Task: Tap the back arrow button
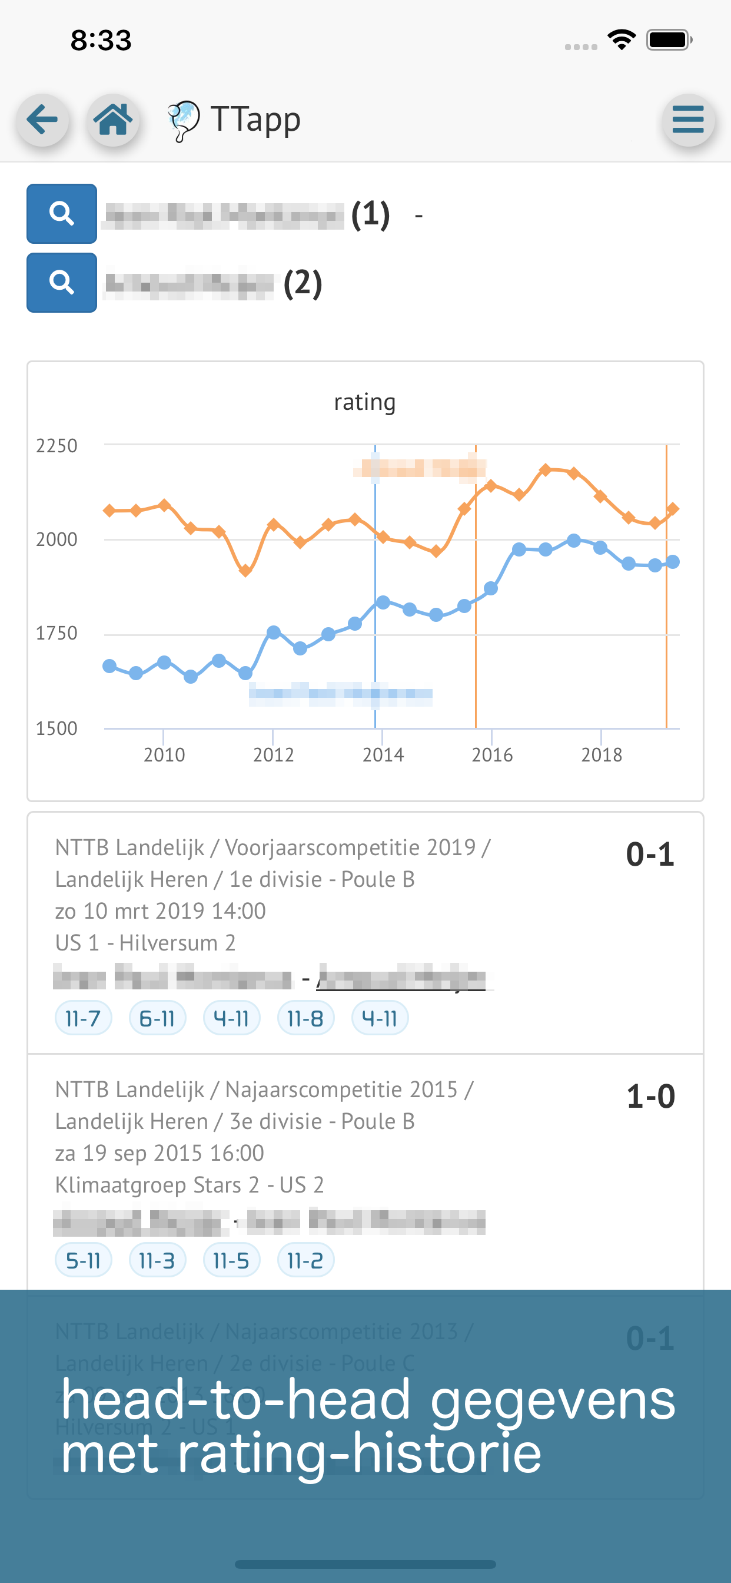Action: coord(42,120)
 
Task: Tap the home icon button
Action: coord(113,120)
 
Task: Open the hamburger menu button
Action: coord(688,120)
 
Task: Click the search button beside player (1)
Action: coord(61,214)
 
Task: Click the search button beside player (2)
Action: coord(61,283)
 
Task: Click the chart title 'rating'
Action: coord(364,402)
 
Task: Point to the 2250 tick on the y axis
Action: coord(57,446)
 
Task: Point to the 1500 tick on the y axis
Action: coord(57,729)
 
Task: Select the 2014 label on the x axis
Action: coord(383,754)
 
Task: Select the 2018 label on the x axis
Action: coord(602,754)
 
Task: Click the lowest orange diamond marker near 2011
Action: coord(245,571)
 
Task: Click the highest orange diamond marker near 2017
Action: coord(546,470)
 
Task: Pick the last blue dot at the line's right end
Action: coord(673,562)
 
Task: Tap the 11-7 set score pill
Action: coord(83,1019)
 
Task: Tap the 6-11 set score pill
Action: coord(157,1019)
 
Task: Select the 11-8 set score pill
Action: coord(305,1019)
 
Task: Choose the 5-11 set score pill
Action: coord(83,1261)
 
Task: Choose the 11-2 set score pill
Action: coord(305,1261)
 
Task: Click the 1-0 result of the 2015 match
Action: coord(650,1097)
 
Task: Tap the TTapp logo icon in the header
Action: coord(183,121)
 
